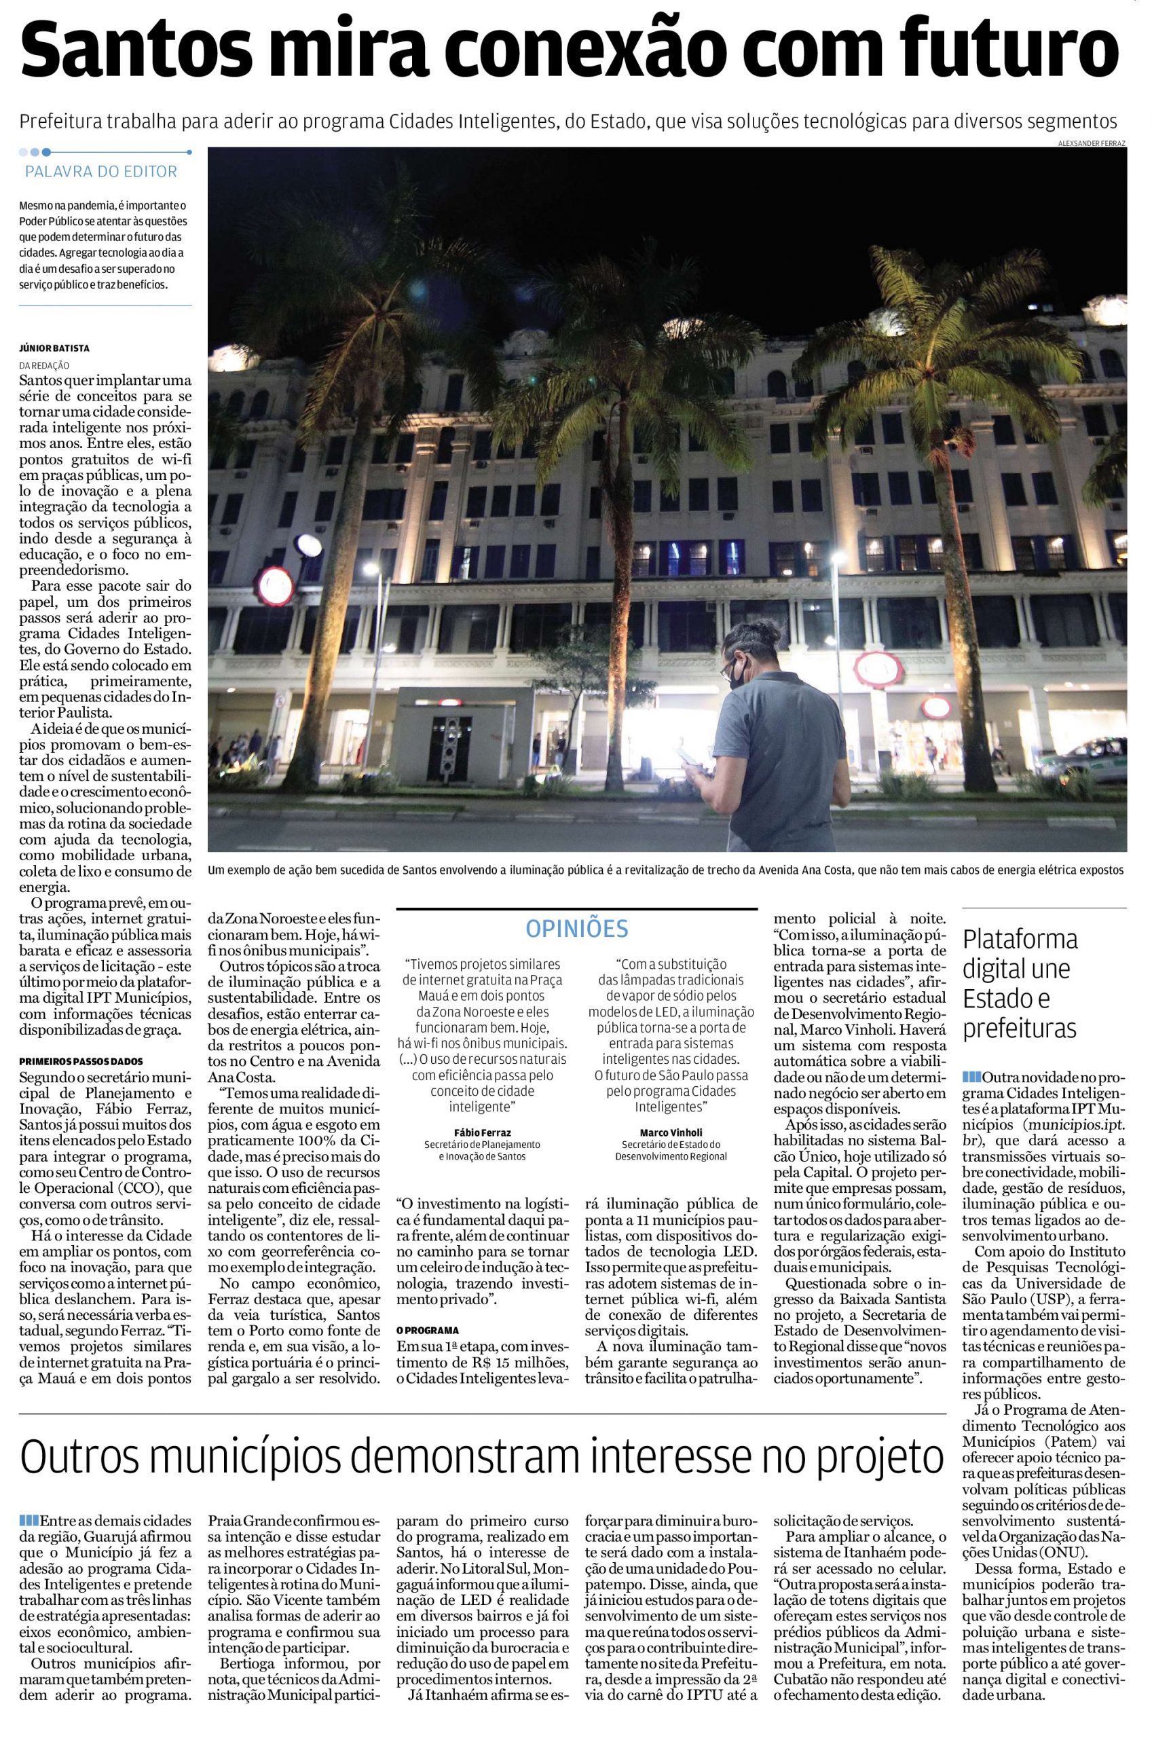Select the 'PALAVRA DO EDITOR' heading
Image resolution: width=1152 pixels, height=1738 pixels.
click(101, 172)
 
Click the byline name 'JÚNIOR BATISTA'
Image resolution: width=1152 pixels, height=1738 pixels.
click(55, 348)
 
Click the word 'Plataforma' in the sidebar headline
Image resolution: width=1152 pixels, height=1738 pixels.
click(1020, 940)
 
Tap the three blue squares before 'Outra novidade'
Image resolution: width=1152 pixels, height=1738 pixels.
click(971, 1077)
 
